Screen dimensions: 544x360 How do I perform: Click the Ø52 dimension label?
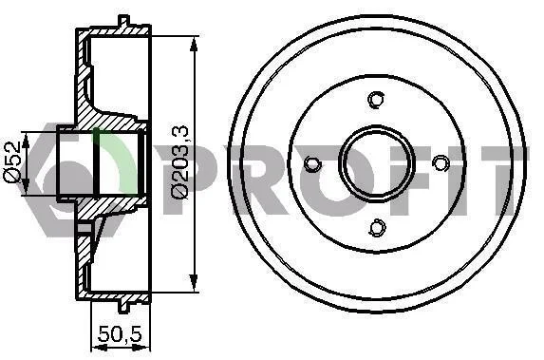pos(11,161)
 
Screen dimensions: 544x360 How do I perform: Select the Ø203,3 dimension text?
pos(180,162)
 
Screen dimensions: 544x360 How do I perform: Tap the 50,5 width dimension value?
pos(121,334)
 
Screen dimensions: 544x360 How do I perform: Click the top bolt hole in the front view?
pos(376,99)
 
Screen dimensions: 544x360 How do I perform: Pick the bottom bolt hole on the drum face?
pos(377,228)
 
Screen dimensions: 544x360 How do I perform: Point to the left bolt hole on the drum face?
pos(312,164)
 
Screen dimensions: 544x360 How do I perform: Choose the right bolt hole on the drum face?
pos(441,162)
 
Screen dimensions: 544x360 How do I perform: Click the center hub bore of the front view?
pos(376,163)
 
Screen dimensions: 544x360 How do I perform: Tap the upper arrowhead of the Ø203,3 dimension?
pos(194,45)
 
